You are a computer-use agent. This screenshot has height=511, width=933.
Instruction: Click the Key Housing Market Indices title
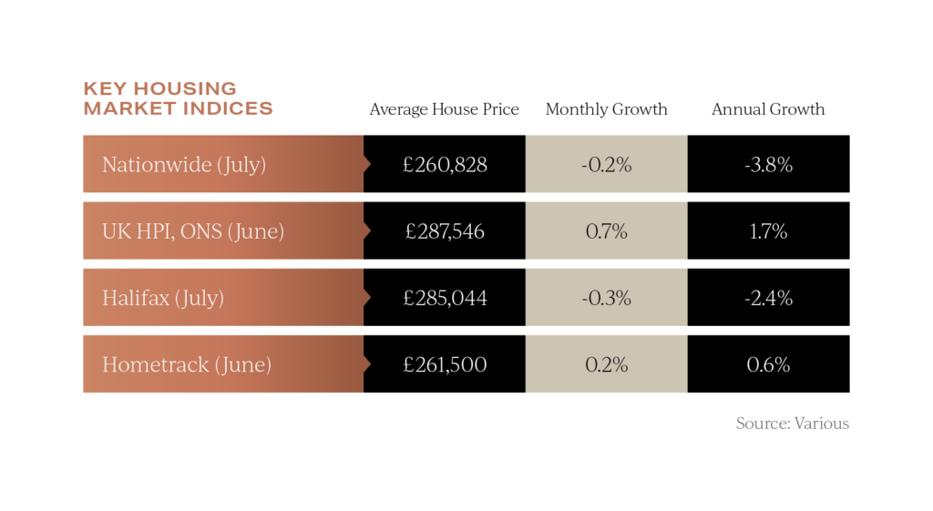[x=178, y=98]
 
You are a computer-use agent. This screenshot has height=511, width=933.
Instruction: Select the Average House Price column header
[x=444, y=109]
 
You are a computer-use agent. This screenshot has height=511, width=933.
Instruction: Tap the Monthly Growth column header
[x=606, y=109]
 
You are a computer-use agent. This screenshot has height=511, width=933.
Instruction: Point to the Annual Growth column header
[x=768, y=109]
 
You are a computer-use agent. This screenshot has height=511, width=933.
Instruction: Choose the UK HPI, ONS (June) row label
[x=193, y=231]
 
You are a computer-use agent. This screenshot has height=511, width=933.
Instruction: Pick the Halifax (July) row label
[x=163, y=298]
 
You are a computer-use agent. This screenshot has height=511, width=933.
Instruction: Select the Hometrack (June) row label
[x=187, y=364]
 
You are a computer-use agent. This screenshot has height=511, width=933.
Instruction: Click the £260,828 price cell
[x=445, y=165]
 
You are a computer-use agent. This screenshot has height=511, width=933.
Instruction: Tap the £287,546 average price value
[x=445, y=231]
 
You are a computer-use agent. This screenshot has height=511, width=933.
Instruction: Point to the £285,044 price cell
[x=445, y=298]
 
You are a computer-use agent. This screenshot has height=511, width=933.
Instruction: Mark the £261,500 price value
[x=445, y=364]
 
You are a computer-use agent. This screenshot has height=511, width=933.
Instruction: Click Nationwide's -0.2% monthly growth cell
[x=606, y=165]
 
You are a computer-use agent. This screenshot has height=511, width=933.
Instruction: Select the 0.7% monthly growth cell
[x=606, y=231]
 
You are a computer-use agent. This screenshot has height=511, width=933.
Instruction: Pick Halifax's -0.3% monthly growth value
[x=606, y=298]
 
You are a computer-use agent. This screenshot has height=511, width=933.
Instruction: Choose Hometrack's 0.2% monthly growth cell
[x=606, y=364]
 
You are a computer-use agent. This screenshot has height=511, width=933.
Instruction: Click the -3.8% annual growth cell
[x=768, y=165]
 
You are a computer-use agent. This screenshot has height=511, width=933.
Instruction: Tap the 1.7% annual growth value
[x=768, y=231]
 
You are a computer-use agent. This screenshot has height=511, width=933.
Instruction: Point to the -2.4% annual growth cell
[x=768, y=298]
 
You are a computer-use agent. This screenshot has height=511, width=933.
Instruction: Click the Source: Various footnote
[x=792, y=424]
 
